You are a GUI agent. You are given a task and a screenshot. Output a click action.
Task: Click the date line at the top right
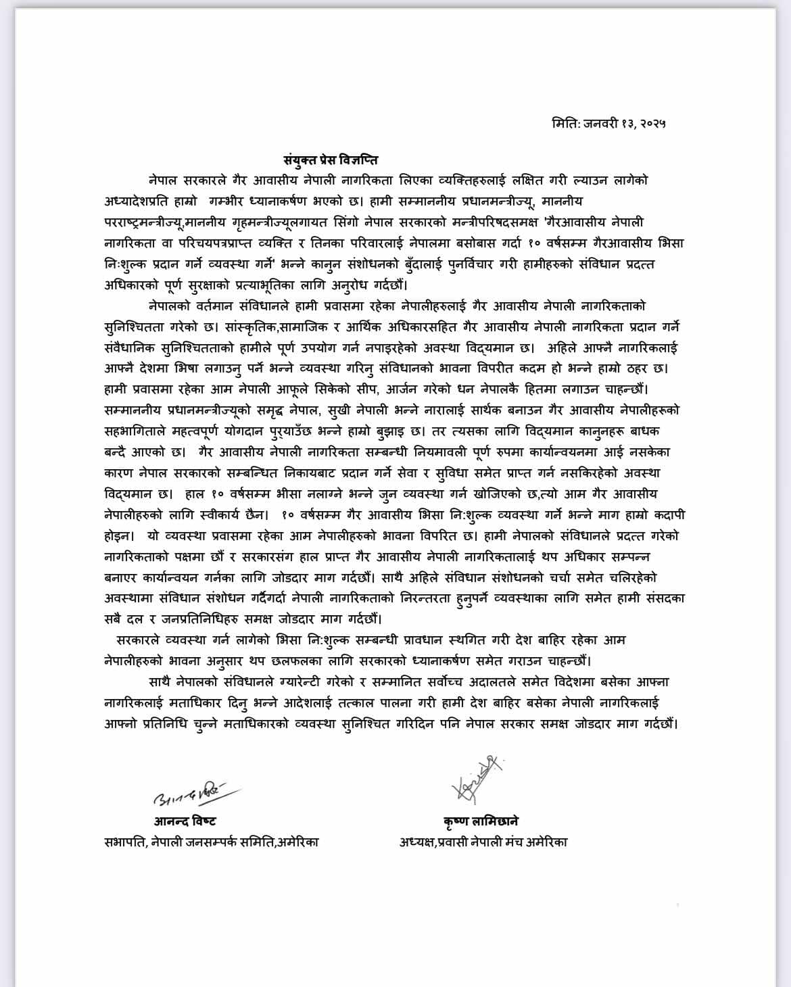point(609,124)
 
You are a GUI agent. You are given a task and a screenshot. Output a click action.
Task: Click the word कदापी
point(667,515)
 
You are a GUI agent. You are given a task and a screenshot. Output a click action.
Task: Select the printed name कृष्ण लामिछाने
point(481,821)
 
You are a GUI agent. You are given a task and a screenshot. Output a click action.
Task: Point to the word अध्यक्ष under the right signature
point(420,842)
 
